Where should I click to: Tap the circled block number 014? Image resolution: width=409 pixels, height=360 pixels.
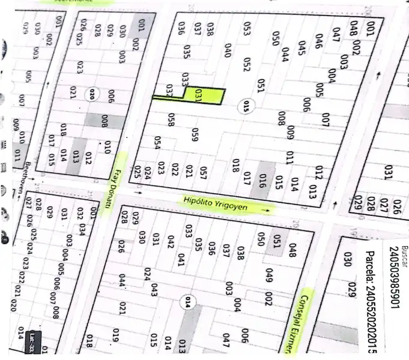pyautogui.click(x=190, y=302)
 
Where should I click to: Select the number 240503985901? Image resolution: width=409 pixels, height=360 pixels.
pyautogui.click(x=393, y=279)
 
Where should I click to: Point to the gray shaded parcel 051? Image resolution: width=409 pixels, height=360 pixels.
pyautogui.click(x=277, y=240)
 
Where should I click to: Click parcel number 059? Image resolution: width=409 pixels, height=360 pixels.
pyautogui.click(x=195, y=136)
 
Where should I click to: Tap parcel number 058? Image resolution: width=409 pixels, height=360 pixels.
pyautogui.click(x=172, y=120)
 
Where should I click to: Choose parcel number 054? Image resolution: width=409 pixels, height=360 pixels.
pyautogui.click(x=157, y=143)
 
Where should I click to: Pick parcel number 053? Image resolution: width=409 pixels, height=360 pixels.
pyautogui.click(x=246, y=28)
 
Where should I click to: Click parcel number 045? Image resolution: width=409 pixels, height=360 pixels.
pyautogui.click(x=301, y=47)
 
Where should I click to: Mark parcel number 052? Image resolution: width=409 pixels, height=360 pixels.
pyautogui.click(x=246, y=64)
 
